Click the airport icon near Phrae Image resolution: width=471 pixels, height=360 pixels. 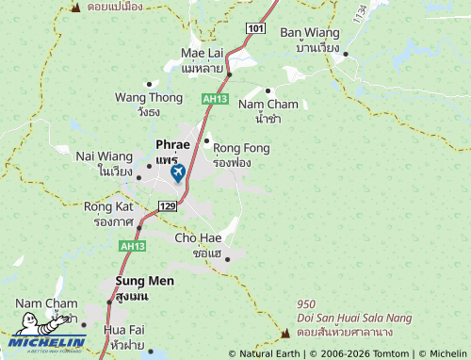(178, 173)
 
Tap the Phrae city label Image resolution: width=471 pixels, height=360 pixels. (172, 146)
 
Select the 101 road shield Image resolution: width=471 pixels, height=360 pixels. (256, 29)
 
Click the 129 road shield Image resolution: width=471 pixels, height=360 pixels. (169, 205)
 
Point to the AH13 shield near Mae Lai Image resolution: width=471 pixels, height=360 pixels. (215, 98)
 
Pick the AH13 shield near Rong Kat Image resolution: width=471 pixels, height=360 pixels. (132, 245)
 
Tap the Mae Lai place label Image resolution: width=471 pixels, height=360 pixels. (202, 54)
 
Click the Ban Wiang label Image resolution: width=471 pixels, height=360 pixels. (310, 33)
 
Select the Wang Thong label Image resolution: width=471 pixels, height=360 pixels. (149, 97)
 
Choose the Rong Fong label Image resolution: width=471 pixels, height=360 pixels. (241, 148)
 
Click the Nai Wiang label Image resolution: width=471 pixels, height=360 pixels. (105, 156)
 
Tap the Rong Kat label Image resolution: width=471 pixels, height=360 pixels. (109, 206)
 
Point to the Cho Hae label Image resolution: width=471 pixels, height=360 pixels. (198, 238)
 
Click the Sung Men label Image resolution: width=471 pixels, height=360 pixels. (145, 281)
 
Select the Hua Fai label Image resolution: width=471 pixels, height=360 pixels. (124, 331)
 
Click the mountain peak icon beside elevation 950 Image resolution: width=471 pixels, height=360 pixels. (284, 333)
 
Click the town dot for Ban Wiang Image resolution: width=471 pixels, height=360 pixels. (346, 54)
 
